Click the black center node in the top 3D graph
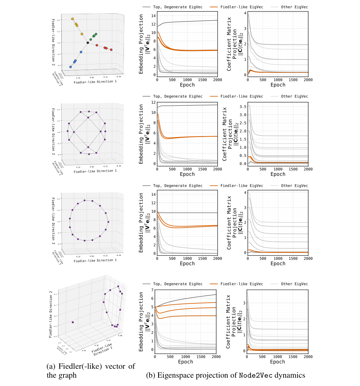tap(88, 43)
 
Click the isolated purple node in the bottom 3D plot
tap(73, 322)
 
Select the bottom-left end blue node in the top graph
tap(71, 67)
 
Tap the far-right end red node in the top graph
tap(111, 50)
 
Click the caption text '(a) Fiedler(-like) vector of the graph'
tap(91, 371)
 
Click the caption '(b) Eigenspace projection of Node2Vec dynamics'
tap(225, 375)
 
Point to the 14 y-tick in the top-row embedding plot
tap(154, 16)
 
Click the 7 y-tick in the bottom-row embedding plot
tap(152, 290)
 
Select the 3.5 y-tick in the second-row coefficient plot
tap(243, 106)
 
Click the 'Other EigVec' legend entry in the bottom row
tap(294, 284)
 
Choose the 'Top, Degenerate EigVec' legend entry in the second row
tap(177, 96)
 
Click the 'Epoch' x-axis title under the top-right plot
tap(278, 85)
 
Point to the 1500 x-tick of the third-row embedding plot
tap(202, 259)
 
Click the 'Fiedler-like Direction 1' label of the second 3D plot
tap(95, 171)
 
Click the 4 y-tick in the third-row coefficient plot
tap(245, 193)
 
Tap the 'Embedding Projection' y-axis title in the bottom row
tap(141, 321)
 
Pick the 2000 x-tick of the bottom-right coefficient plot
tap(308, 357)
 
